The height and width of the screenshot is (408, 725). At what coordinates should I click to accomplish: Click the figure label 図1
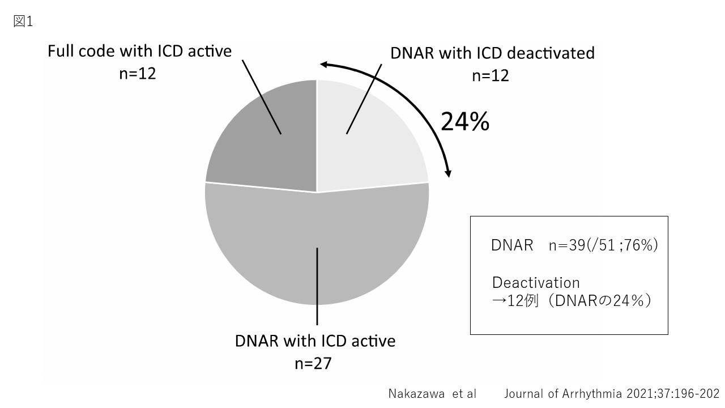[x=23, y=22]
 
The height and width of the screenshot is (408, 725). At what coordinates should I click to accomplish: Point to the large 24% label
[x=465, y=121]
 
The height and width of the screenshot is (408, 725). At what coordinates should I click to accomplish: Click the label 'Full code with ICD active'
[x=139, y=51]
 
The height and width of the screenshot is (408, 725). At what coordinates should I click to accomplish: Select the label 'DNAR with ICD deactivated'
[x=492, y=53]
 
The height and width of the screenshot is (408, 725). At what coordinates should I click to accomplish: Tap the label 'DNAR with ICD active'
[x=315, y=341]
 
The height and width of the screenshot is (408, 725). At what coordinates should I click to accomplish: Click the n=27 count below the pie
[x=313, y=363]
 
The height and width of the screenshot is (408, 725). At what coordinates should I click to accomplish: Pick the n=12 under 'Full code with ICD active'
[x=138, y=74]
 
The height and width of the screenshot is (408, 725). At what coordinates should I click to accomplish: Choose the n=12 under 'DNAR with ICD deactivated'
[x=491, y=75]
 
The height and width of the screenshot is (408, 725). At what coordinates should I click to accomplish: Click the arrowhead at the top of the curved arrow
[x=325, y=64]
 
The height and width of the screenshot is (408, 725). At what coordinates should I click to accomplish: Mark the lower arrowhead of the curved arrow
[x=448, y=173]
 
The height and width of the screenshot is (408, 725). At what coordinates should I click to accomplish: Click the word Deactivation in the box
[x=536, y=283]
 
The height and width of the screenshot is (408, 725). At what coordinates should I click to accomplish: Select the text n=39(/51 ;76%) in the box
[x=603, y=245]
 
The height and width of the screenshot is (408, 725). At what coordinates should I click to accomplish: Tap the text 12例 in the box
[x=522, y=301]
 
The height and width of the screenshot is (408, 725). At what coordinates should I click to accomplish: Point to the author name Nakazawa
[x=416, y=394]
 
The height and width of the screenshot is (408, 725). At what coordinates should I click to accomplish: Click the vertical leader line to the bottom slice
[x=317, y=286]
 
